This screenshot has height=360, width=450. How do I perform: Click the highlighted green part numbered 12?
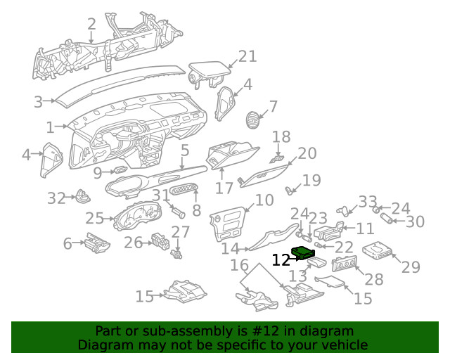click(304, 253)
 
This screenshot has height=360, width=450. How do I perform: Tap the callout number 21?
click(247, 57)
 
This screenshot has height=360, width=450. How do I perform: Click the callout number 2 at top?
click(91, 24)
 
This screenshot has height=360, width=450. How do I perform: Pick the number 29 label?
click(410, 267)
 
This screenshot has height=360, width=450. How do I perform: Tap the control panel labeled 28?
click(345, 265)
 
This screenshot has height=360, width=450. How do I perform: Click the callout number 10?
click(264, 200)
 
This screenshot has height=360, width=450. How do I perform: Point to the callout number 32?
click(56, 199)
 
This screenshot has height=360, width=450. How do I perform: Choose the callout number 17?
click(224, 188)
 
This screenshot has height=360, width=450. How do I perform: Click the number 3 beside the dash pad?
click(38, 102)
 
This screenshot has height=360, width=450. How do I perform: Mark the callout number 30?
click(415, 222)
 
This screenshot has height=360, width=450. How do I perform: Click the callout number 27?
click(181, 232)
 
